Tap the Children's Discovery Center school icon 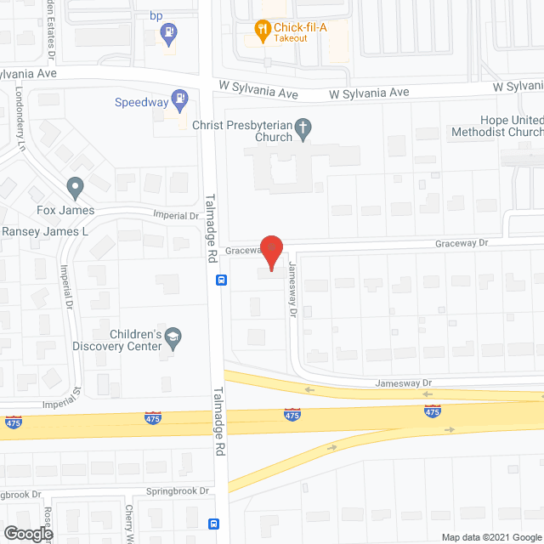coord(173,339)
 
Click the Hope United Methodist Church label coord(511,126)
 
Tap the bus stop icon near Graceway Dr coord(220,280)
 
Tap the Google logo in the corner coord(27,533)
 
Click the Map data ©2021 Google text coord(491,536)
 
